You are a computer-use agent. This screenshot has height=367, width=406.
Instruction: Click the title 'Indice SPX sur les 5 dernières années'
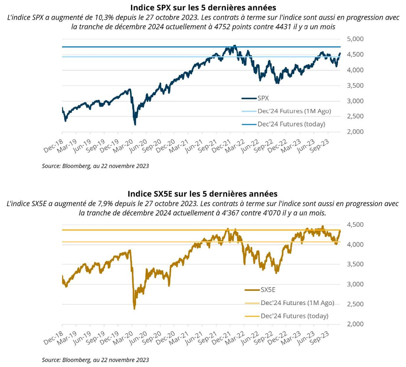203,7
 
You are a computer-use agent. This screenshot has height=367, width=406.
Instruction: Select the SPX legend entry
263,98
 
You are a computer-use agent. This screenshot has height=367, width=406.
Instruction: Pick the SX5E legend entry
268,290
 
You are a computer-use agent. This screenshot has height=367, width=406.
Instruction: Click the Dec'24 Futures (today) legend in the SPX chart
291,124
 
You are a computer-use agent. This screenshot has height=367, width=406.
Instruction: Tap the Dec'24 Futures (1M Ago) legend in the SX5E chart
297,303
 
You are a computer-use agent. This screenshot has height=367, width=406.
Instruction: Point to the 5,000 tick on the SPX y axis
355,39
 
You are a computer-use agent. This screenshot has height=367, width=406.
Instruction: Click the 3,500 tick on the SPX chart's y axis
355,85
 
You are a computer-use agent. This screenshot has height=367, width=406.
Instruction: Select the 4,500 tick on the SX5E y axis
355,225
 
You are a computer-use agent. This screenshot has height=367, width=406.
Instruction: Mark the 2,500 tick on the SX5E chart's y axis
355,304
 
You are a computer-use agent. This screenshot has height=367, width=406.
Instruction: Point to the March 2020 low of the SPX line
135,124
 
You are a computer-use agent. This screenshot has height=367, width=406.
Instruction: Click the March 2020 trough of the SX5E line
134,309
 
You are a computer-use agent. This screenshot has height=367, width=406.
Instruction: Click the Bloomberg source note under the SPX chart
95,166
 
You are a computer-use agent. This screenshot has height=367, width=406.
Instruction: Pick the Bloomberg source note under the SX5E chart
95,360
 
